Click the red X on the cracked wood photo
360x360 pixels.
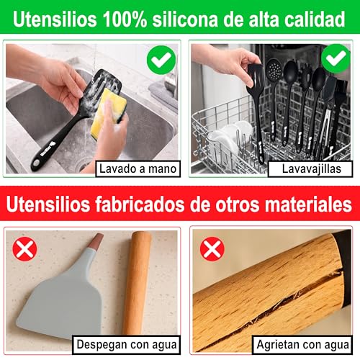pos(212,249)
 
